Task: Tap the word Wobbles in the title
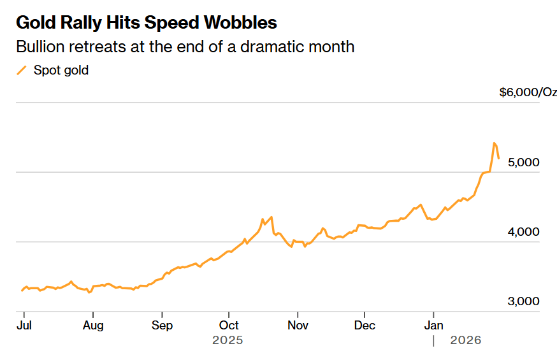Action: (240, 22)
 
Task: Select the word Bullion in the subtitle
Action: (40, 47)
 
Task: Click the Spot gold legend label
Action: (61, 70)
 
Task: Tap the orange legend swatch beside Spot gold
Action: (22, 70)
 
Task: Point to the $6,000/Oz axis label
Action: (528, 92)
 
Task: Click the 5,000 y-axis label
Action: (524, 162)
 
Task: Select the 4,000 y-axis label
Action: (524, 232)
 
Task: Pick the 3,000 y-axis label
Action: (524, 301)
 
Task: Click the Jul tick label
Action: (24, 325)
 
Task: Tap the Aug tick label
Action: (93, 325)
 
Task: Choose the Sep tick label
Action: (162, 325)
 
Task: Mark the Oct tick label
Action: (229, 325)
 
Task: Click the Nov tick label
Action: (298, 325)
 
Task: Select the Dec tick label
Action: (365, 325)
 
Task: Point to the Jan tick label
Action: (433, 325)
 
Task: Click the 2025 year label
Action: (228, 341)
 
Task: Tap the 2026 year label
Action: (465, 341)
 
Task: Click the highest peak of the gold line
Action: (495, 143)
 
